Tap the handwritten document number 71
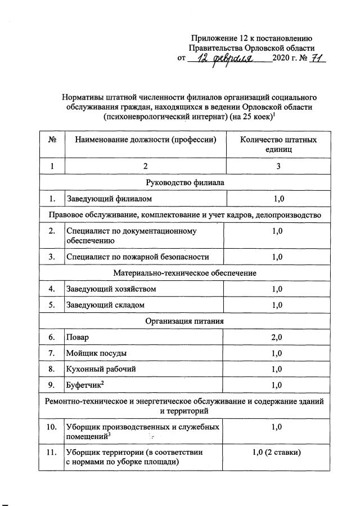click(315, 59)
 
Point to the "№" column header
click(52, 140)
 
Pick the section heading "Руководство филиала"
click(184, 182)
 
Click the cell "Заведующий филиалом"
click(109, 199)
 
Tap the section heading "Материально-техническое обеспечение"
click(184, 273)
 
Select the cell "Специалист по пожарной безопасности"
click(138, 257)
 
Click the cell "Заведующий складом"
click(106, 305)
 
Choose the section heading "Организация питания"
click(184, 321)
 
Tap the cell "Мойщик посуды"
click(96, 353)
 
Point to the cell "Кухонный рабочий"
click(101, 369)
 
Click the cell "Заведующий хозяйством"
click(111, 289)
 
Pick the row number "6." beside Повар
click(52, 337)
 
